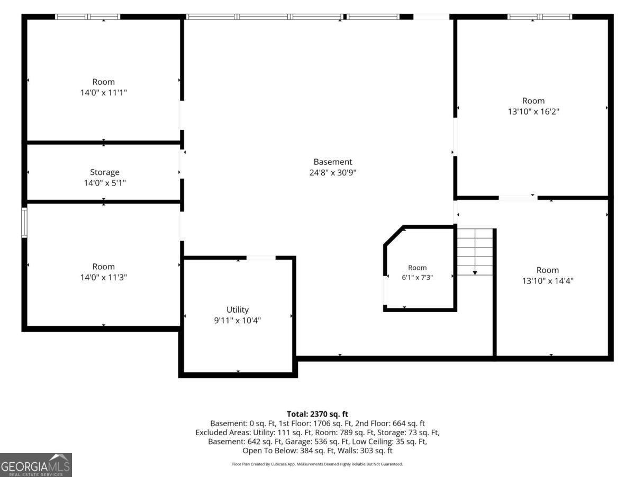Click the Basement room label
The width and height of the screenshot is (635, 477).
pos(333,162)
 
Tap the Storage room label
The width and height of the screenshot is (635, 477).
pos(105,172)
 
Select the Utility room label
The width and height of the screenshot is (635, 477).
pos(238,310)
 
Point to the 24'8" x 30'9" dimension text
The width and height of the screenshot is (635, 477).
pos(333,173)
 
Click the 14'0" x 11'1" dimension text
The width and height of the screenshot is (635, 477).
pos(104,93)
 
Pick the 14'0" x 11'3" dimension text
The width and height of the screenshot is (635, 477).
pos(104,277)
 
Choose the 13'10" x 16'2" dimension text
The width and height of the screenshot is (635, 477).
pos(533,111)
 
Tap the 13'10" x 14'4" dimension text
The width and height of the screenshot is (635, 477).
pos(548,281)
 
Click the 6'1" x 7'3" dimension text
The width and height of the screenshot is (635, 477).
pos(417,277)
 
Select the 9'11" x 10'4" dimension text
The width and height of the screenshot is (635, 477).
pos(238,321)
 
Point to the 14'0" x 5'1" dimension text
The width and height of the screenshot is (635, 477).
pos(105,183)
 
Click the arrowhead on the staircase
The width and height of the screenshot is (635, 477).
pos(475,273)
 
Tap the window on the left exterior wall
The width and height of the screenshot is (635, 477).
pos(24,223)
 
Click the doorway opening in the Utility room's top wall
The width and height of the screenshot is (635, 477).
pos(261,258)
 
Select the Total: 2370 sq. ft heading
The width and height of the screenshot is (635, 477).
pos(317,414)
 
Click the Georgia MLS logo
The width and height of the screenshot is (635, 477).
pos(36,465)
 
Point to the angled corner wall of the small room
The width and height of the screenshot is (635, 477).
pos(394,235)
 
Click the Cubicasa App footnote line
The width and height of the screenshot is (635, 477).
pos(317,464)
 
